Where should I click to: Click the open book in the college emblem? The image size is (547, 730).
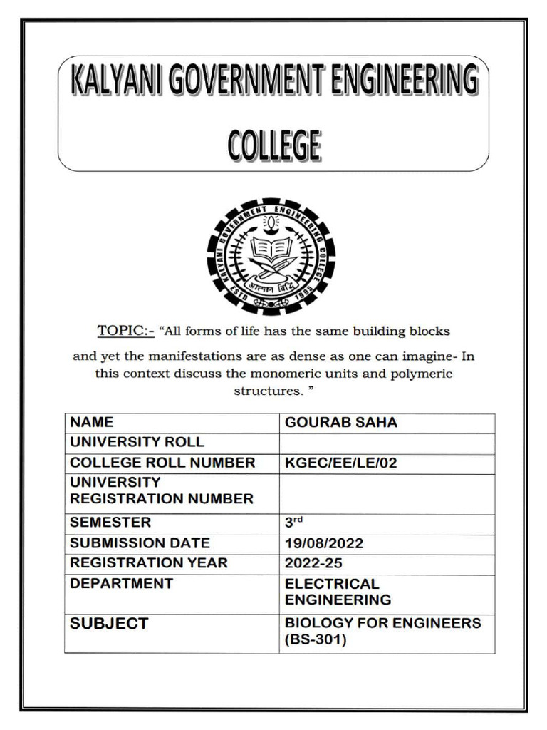pos(271,249)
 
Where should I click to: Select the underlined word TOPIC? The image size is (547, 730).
pos(120,331)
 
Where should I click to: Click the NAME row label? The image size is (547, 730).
pos(91,423)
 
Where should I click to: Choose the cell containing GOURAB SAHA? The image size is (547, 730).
pos(341,423)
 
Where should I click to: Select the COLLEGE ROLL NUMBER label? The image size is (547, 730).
pos(162,463)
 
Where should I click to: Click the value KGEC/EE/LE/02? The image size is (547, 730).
pos(341,463)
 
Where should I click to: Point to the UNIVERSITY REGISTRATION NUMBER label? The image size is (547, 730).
pos(161,490)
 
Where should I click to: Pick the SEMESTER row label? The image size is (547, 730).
pos(110,523)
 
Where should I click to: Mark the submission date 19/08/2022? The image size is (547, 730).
pos(324,543)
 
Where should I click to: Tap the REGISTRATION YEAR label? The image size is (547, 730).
pos(149,563)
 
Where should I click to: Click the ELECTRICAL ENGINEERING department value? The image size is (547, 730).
pos(338,592)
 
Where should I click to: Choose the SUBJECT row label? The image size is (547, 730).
pos(109,624)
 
